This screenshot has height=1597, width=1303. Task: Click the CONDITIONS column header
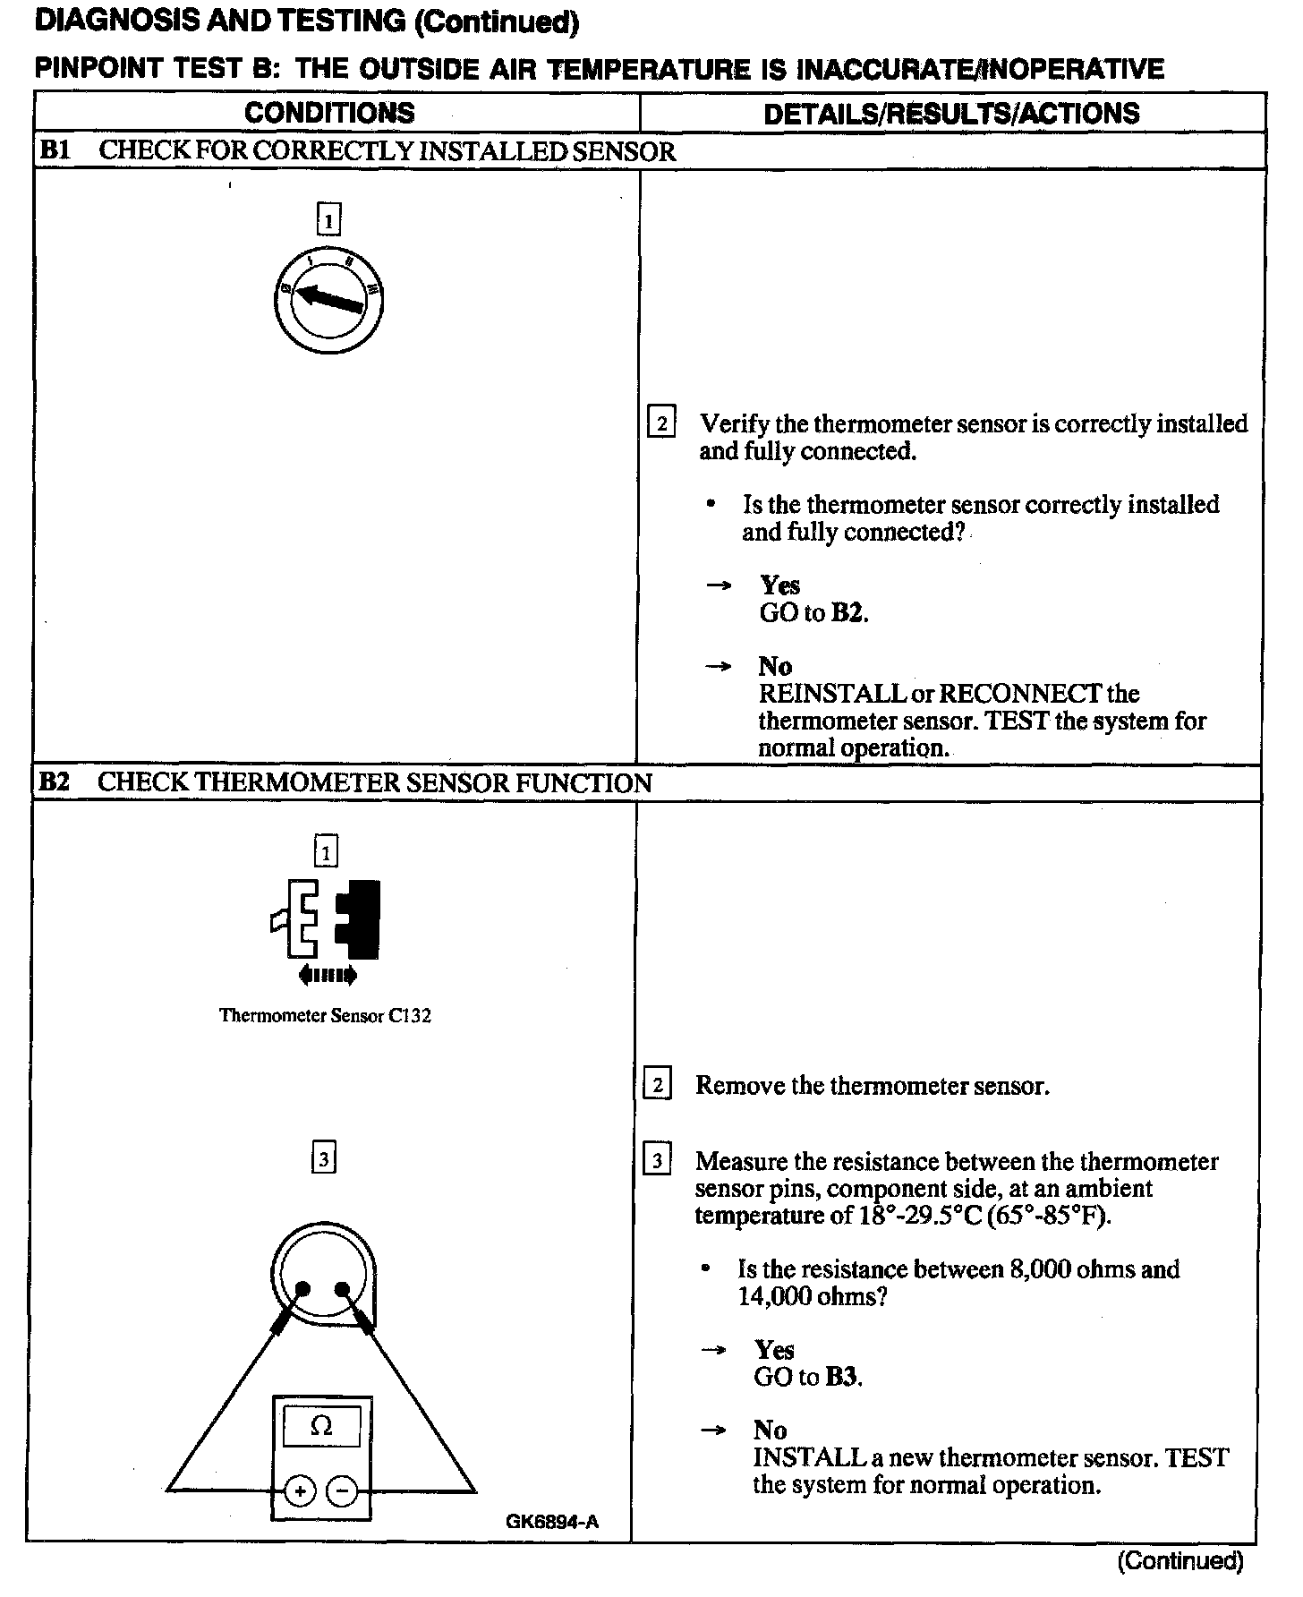coord(329,113)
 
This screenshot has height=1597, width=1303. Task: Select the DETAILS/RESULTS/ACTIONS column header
coord(951,113)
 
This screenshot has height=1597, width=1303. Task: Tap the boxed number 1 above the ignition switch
coord(329,219)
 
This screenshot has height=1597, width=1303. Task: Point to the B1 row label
coord(55,150)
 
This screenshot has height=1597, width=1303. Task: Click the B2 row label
coord(55,782)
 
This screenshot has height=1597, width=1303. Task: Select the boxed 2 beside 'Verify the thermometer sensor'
coord(660,423)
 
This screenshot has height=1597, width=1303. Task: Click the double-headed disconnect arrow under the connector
coord(328,975)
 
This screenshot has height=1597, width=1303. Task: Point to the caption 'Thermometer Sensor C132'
coord(325,1016)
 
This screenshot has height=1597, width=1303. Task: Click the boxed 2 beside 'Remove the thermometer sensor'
coord(658,1085)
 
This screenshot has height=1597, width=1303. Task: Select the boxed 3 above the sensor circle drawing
coord(323,1160)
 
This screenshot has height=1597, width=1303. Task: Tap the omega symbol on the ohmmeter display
coord(321,1426)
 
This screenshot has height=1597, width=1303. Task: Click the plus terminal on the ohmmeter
coord(300,1491)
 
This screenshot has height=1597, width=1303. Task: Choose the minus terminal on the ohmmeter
coord(342,1491)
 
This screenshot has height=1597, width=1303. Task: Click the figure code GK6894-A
coord(551,1522)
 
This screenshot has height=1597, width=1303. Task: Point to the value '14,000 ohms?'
coord(812,1296)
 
